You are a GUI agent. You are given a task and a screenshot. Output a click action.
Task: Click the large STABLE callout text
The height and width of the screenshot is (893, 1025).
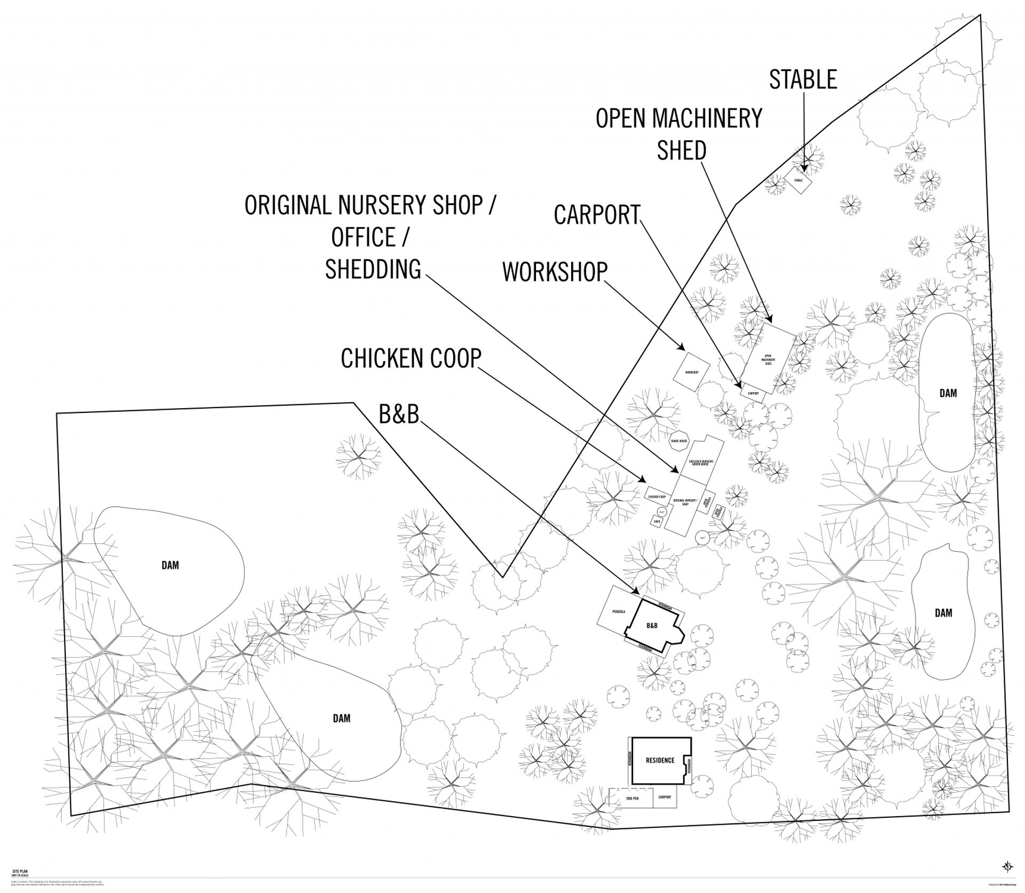802,80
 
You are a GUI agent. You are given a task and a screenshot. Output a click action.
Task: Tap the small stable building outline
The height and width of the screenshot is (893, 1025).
798,180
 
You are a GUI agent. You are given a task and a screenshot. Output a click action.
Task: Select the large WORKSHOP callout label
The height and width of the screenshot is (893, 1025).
555,272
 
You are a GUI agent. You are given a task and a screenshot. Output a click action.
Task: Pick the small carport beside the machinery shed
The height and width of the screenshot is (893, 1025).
753,393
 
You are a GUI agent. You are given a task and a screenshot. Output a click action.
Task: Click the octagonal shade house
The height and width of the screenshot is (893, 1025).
679,441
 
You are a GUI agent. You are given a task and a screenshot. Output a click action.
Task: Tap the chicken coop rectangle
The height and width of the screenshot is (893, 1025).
657,496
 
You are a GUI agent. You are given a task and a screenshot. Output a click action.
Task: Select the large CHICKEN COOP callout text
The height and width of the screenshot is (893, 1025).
411,358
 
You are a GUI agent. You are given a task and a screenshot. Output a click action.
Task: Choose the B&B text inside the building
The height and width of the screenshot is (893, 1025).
652,626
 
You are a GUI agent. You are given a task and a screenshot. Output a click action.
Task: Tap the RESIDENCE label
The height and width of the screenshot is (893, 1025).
660,760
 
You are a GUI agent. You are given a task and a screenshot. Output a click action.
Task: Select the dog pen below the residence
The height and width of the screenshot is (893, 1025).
632,799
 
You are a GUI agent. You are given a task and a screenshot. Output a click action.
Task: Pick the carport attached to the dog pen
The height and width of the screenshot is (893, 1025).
665,797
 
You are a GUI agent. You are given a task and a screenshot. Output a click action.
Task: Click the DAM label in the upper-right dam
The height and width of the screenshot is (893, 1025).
948,393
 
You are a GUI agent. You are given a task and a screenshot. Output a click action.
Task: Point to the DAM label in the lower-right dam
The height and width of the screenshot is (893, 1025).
943,613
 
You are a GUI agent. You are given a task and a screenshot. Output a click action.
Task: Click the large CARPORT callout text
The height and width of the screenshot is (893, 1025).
596,215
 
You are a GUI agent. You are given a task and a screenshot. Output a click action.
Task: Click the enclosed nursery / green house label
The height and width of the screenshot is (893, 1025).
701,463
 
